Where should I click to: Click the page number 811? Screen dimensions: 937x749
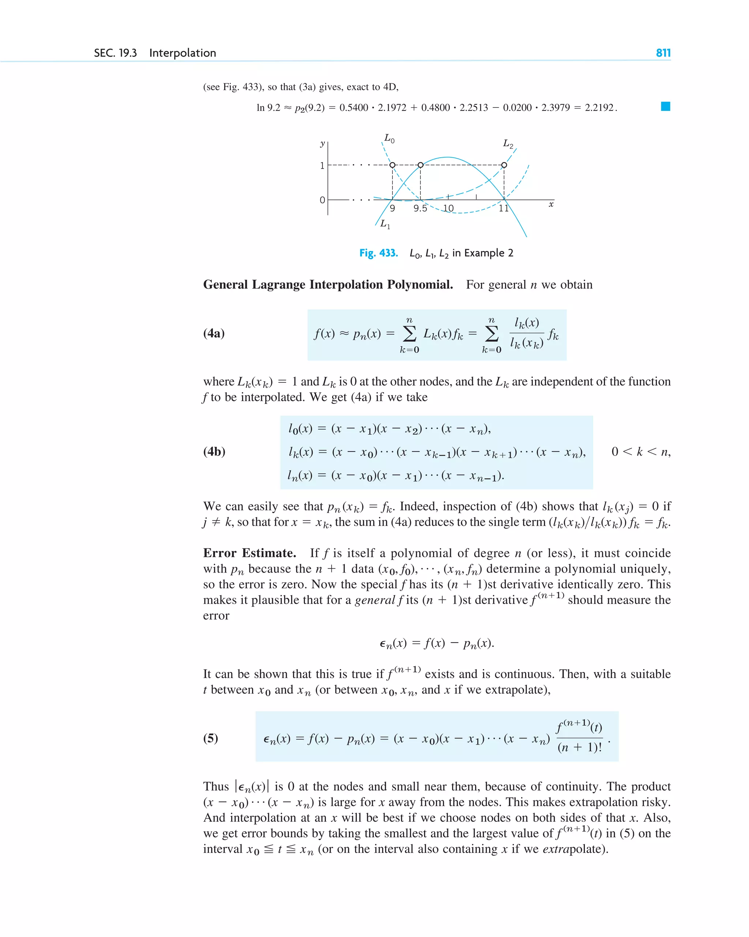coord(663,53)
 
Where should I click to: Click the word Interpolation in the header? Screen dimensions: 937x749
coord(182,53)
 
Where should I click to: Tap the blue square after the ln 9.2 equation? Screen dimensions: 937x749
coord(665,106)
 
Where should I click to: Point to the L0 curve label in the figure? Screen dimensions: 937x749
coord(389,139)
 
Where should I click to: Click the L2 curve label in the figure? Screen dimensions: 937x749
coord(508,143)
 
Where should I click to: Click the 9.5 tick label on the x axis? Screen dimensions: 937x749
coord(420,209)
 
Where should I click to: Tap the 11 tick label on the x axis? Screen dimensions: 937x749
coord(504,209)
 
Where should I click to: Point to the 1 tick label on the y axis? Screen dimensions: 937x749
coord(322,166)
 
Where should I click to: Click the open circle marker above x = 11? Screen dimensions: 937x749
coord(504,165)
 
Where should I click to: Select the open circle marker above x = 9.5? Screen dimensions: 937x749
coord(420,165)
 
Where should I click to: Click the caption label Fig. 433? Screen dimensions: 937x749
coord(379,253)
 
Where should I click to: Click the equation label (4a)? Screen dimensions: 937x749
coord(214,333)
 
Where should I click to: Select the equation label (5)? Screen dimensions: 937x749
coord(211,738)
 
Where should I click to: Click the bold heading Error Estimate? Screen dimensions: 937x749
coord(249,553)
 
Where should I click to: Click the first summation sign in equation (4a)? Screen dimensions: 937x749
coord(409,334)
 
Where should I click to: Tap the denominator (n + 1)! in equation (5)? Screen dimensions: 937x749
coord(580,747)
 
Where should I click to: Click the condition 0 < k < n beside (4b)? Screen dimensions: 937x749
coord(640,452)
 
